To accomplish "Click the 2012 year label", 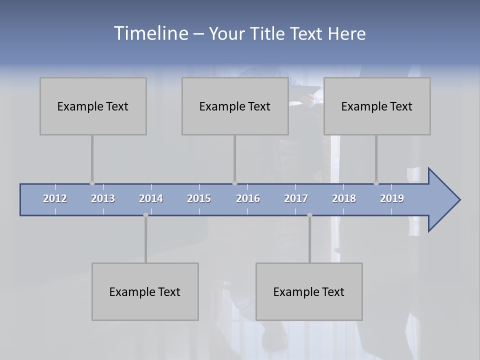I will point(55,198).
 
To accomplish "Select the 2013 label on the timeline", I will point(103,198).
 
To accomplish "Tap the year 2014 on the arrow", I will point(151,198).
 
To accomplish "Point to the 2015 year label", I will point(199,198).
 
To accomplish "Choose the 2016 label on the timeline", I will point(248,198).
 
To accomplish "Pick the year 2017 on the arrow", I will point(296,198).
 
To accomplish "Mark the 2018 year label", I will point(344,198).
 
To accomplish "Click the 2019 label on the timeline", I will point(392,198).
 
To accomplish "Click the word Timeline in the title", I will point(150,33).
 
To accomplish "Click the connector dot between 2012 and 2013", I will point(92,183).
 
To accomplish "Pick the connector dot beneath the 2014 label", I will point(145,215).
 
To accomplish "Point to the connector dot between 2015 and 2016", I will point(234,183).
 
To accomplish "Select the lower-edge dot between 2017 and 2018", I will point(309,215).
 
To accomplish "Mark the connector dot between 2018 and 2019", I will point(376,183).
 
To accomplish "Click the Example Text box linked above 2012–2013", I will point(93,106).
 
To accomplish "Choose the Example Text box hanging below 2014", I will point(145,291).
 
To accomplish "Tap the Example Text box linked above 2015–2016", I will point(235,106).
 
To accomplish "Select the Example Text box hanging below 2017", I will point(309,291).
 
